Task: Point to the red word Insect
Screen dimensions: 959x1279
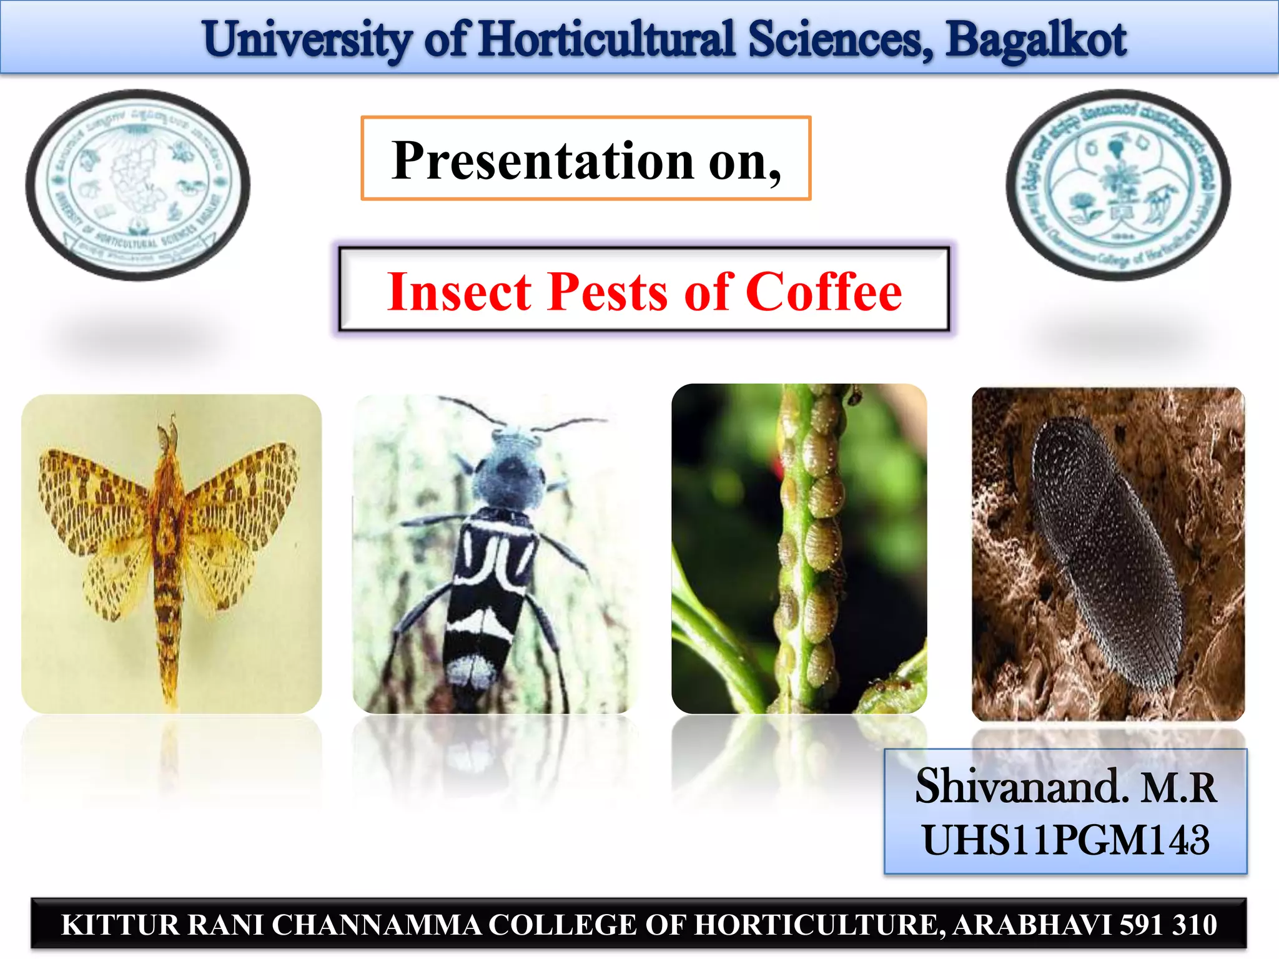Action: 459,292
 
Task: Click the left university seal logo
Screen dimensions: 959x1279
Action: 138,185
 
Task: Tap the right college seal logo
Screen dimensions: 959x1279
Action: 1118,185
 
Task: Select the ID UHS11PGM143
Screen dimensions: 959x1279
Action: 1065,840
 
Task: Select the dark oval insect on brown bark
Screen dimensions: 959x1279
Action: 1102,549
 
